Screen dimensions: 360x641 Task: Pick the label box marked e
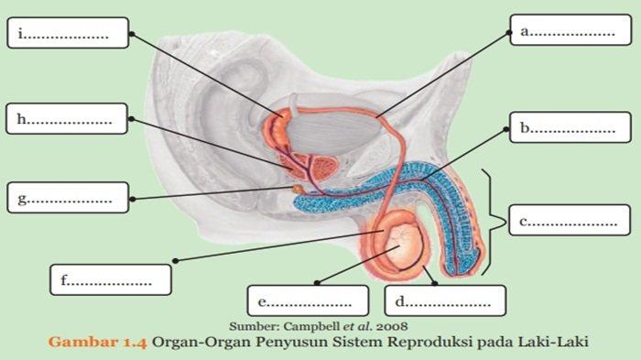307,300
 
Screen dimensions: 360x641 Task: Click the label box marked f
111,279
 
